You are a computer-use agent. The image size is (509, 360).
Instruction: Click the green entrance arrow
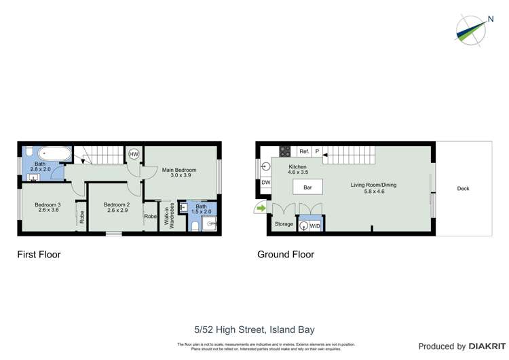260,208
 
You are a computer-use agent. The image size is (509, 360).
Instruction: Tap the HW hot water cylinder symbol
134,154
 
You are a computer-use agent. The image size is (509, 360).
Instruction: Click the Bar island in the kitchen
307,187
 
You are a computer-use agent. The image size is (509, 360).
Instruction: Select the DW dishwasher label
265,182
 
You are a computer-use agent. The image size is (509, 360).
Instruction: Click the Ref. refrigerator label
304,151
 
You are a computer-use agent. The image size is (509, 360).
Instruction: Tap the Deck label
463,189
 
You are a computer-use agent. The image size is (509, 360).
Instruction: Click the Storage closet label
284,223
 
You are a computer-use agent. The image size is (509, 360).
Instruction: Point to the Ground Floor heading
285,255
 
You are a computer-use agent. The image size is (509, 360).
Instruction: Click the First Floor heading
39,255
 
